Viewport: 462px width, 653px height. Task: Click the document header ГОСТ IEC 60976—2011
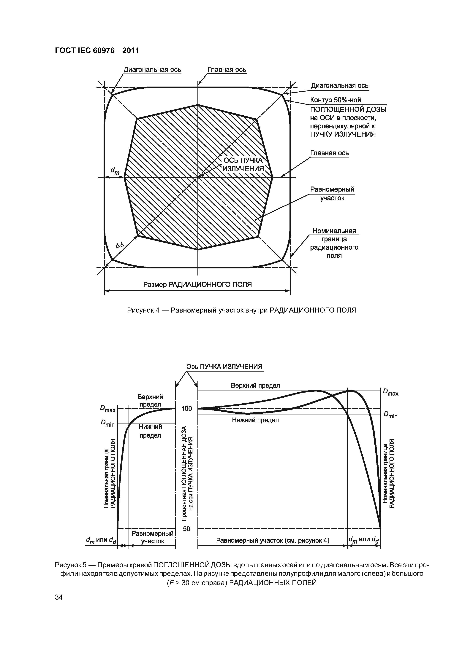coord(97,51)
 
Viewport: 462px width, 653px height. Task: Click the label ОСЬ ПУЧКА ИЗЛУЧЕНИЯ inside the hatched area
coord(243,165)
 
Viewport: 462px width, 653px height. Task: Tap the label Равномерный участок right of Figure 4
coord(332,194)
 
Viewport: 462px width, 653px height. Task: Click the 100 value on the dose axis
coord(187,409)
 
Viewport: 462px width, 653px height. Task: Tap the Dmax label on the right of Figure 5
coord(390,392)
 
